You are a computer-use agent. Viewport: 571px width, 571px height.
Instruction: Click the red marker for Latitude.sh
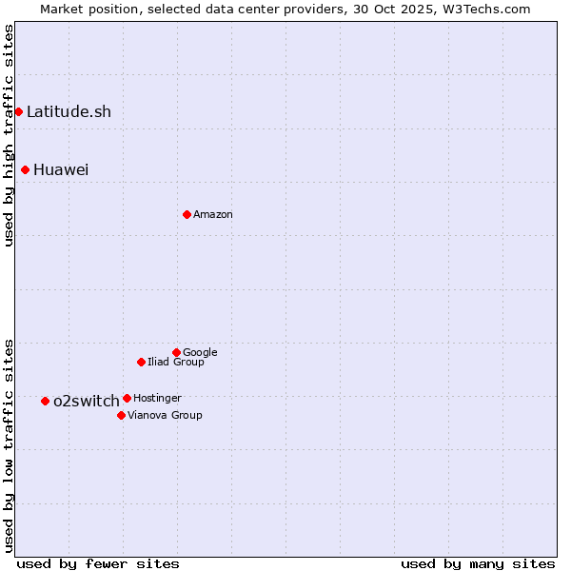pos(18,111)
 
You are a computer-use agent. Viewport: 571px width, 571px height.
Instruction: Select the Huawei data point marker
pos(25,169)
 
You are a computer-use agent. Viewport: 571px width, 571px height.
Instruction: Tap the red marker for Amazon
pos(187,214)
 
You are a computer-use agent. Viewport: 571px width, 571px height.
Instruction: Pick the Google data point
pos(176,352)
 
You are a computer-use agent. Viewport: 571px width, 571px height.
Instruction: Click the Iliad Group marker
pos(141,362)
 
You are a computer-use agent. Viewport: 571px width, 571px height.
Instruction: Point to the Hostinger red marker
pos(127,398)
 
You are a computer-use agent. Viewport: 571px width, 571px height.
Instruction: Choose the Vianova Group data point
pos(121,415)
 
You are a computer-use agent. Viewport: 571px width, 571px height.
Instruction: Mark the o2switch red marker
pos(45,401)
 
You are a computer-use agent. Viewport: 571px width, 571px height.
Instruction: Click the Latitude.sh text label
pos(69,111)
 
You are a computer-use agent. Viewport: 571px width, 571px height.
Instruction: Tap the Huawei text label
pos(61,169)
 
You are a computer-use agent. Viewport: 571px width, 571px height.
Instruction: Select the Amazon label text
pos(213,214)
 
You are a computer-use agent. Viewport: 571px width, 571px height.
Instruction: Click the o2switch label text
pos(86,401)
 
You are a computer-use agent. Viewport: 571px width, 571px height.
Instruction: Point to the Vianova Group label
pos(165,415)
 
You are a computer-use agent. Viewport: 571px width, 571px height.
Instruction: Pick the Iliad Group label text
pos(176,362)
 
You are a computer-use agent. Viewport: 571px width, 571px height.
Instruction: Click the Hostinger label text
pos(157,398)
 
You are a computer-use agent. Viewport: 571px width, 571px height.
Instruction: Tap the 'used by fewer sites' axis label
pos(98,563)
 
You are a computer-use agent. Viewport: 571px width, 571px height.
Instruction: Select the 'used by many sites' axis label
pos(478,563)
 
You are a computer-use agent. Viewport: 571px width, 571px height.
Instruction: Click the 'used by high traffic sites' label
pos(9,135)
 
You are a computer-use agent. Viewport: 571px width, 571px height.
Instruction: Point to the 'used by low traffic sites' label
pos(9,444)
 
